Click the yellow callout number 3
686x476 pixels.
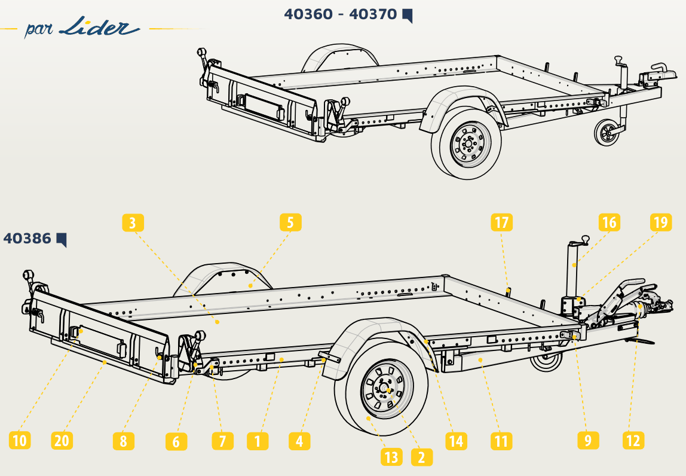(133, 222)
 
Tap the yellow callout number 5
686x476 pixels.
(290, 222)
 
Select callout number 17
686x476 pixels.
(501, 222)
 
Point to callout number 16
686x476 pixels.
(610, 222)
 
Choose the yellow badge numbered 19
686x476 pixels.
(661, 222)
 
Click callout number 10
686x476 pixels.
(20, 440)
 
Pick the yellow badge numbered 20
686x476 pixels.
(62, 440)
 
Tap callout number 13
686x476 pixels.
(391, 457)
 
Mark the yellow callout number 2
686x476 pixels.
(422, 457)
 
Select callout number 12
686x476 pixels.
(633, 440)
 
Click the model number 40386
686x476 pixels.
(27, 239)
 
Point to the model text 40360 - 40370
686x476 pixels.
(341, 14)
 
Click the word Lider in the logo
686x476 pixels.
(99, 27)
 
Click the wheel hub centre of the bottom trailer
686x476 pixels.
(387, 389)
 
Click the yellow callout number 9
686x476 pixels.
(588, 440)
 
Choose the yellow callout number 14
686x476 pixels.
(457, 440)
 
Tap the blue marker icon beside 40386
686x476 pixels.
(62, 240)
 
